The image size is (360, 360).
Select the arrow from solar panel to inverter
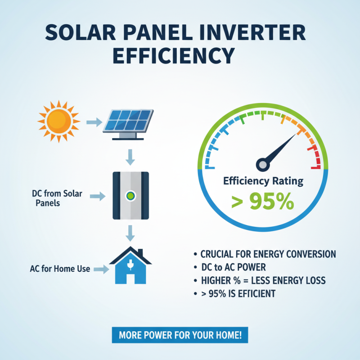(130, 157)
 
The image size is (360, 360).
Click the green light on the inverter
(130, 196)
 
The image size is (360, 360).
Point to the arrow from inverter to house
(130, 233)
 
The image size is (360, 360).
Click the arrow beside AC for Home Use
(101, 269)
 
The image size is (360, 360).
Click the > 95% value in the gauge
(262, 202)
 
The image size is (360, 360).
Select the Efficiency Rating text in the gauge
(263, 181)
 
